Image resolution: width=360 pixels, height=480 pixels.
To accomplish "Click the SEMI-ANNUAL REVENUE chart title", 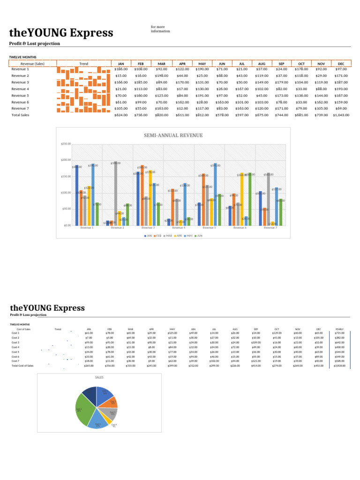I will coord(173,135).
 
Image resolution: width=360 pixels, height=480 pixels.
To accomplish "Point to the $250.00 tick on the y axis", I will coord(66,144).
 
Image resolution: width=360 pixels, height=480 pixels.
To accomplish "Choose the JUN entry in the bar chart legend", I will coord(199,235).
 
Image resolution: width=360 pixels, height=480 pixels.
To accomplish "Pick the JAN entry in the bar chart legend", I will coord(149,235).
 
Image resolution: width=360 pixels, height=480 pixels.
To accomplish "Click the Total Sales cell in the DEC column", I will coord(340,115).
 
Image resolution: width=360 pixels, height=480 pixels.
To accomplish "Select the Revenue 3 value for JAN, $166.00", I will coord(121,82).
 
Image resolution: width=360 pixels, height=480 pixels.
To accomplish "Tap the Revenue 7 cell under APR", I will coord(182,108).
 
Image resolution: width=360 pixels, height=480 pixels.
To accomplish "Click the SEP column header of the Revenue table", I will coord(281,63).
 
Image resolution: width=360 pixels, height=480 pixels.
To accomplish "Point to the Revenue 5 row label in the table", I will coord(20,95).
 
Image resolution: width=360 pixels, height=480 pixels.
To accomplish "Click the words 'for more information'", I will coord(160,29).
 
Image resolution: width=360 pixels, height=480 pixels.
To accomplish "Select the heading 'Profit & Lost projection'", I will coord(35,44).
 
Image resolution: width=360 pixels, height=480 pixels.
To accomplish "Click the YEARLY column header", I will coord(339,330).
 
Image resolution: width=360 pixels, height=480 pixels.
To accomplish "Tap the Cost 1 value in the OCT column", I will coord(277,333).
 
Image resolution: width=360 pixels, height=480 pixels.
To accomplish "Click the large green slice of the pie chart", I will coord(84,409).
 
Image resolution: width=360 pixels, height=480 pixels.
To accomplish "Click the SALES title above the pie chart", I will coord(99,377).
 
